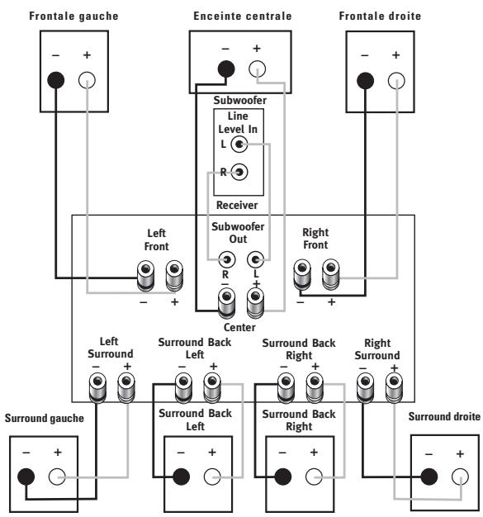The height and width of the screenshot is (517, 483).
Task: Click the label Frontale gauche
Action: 73,16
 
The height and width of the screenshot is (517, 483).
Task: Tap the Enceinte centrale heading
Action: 242,16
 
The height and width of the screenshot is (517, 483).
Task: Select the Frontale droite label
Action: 380,16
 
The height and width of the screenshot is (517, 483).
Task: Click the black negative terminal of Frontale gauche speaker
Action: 55,80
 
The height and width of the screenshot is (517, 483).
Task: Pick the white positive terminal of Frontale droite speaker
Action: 396,81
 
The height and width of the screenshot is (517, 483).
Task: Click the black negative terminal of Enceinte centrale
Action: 226,69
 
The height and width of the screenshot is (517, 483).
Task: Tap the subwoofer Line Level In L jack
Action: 239,144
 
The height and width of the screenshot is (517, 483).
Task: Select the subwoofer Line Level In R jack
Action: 239,172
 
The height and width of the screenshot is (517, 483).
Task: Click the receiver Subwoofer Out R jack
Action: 227,259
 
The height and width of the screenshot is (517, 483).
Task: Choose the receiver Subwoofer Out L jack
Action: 255,259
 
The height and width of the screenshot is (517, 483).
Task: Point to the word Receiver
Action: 237,205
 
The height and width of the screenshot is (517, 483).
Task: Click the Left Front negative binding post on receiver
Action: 145,276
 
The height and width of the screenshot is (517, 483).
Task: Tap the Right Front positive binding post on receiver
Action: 331,274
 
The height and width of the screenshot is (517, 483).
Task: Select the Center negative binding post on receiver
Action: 226,303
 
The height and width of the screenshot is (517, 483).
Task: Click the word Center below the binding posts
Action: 239,327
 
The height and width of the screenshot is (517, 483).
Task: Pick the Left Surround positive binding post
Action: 126,387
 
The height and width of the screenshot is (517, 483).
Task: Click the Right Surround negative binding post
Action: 365,387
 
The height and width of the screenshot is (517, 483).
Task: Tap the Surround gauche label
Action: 45,418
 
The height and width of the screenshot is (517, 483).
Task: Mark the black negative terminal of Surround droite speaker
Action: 429,477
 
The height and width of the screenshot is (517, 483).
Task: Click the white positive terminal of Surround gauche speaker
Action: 57,477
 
